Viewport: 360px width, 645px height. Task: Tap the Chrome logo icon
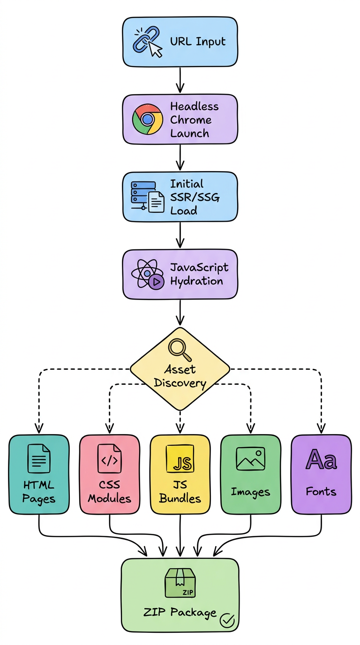pyautogui.click(x=147, y=119)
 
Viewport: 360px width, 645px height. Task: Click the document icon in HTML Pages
pyautogui.click(x=39, y=458)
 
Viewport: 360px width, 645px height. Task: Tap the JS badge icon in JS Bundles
pyautogui.click(x=180, y=460)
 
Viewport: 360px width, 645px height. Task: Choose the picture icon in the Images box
pyautogui.click(x=250, y=458)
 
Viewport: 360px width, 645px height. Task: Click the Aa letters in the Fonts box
pyautogui.click(x=321, y=459)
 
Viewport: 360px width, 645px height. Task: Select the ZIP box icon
pyautogui.click(x=180, y=583)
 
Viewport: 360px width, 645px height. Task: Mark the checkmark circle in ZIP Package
pyautogui.click(x=227, y=620)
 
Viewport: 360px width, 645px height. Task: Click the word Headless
pyautogui.click(x=194, y=106)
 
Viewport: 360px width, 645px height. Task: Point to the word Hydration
pyautogui.click(x=196, y=281)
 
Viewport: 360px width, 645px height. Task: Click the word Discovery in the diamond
pyautogui.click(x=180, y=383)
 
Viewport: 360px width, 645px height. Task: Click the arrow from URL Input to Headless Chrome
pyautogui.click(x=180, y=80)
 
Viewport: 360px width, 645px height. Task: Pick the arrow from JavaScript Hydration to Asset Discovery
pyautogui.click(x=180, y=311)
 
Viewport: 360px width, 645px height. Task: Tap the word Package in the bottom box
pyautogui.click(x=193, y=612)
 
